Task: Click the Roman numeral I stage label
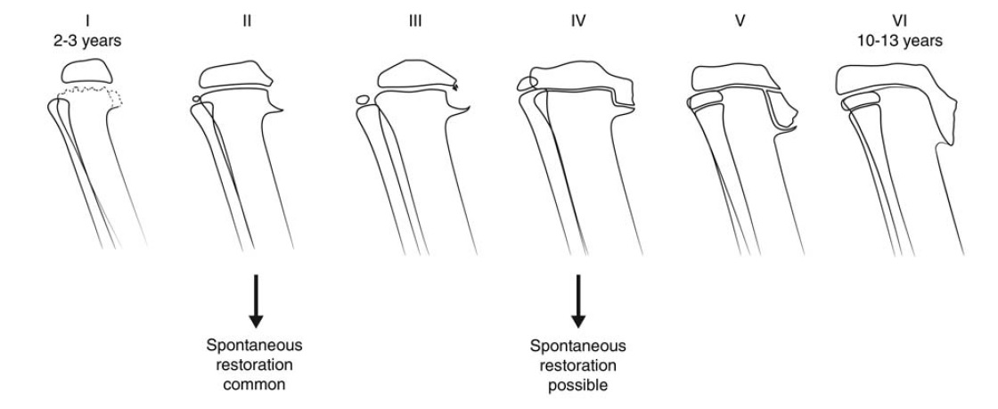click(86, 16)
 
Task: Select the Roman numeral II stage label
click(247, 16)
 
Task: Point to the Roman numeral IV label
click(578, 16)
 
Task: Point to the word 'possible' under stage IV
click(577, 386)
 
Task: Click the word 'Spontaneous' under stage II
click(256, 345)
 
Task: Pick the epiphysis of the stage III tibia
click(412, 74)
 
